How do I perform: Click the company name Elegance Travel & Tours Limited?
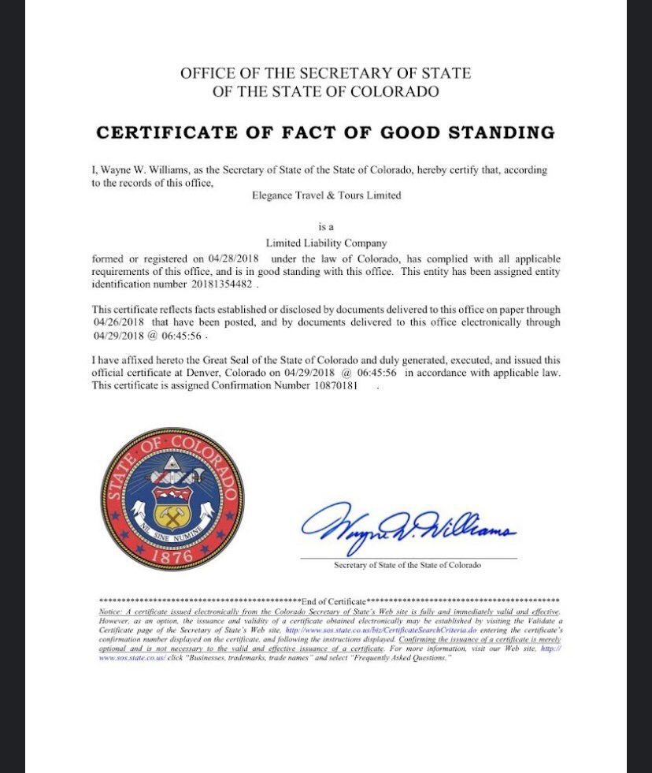pos(325,195)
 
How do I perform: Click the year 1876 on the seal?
pos(172,554)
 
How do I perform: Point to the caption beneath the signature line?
pos(407,565)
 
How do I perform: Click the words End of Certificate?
pos(334,600)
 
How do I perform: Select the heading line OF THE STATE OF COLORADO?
pos(325,91)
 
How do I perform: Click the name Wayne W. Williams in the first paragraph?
pos(136,170)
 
